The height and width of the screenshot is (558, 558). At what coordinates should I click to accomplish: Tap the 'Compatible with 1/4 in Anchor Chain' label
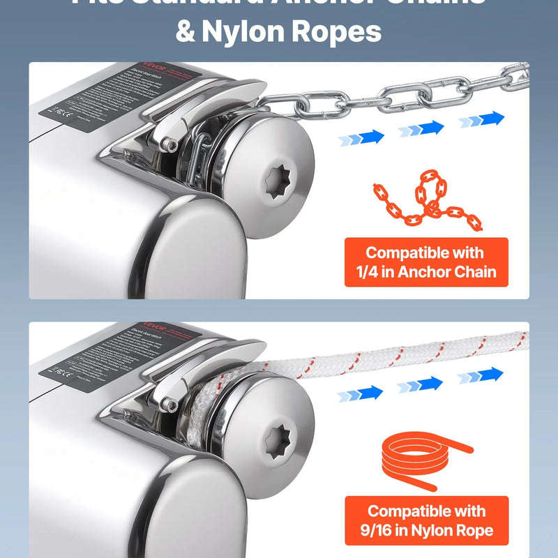(426, 262)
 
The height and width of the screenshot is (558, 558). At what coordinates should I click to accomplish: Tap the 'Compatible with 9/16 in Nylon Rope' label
(426, 520)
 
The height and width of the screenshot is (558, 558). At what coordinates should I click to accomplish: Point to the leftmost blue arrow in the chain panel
(361, 137)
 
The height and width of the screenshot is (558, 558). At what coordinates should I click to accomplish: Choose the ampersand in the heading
(186, 31)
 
